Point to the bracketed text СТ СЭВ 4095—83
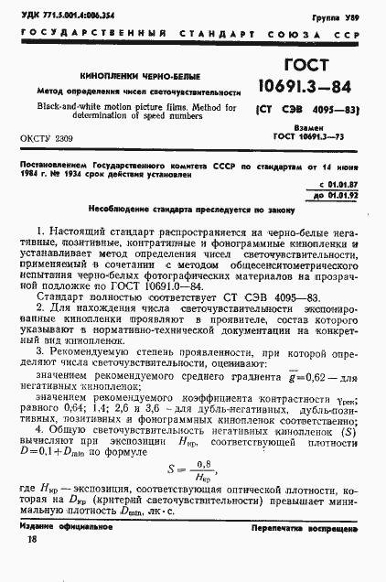click(307, 114)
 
